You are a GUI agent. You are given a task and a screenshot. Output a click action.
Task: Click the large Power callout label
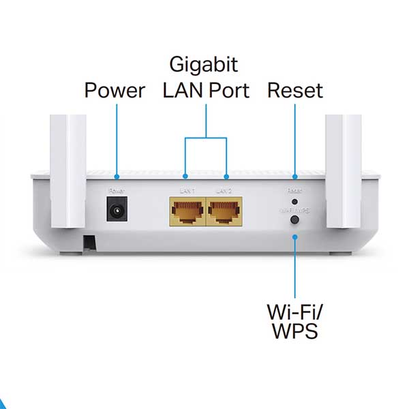(115, 90)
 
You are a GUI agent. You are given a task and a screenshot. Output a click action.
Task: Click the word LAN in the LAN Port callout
(180, 90)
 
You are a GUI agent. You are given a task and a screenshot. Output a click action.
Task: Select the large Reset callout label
(294, 90)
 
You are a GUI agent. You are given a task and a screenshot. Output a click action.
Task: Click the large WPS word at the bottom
(295, 333)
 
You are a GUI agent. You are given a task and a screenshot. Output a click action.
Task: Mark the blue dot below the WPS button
(295, 237)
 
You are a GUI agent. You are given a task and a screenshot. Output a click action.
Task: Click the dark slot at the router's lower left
(89, 241)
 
